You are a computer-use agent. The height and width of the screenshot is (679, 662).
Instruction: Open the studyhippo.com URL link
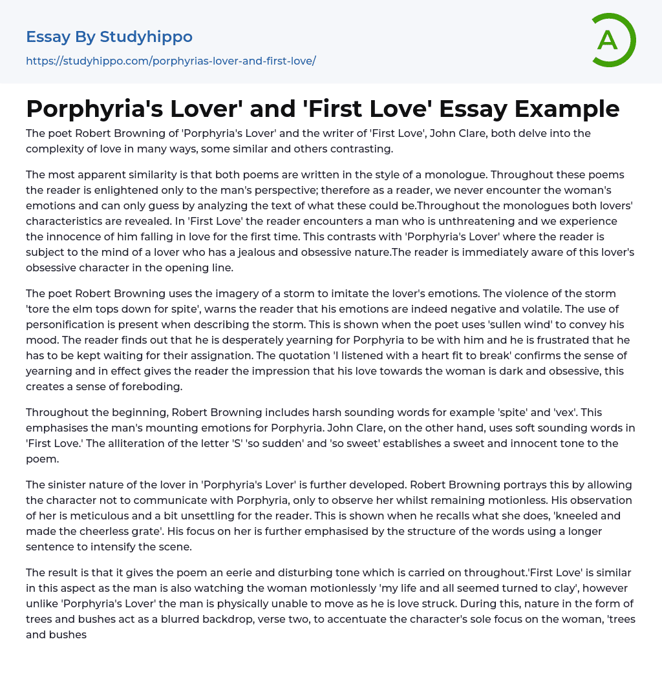(171, 61)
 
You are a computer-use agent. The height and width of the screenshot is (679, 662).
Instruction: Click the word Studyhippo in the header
(146, 37)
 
